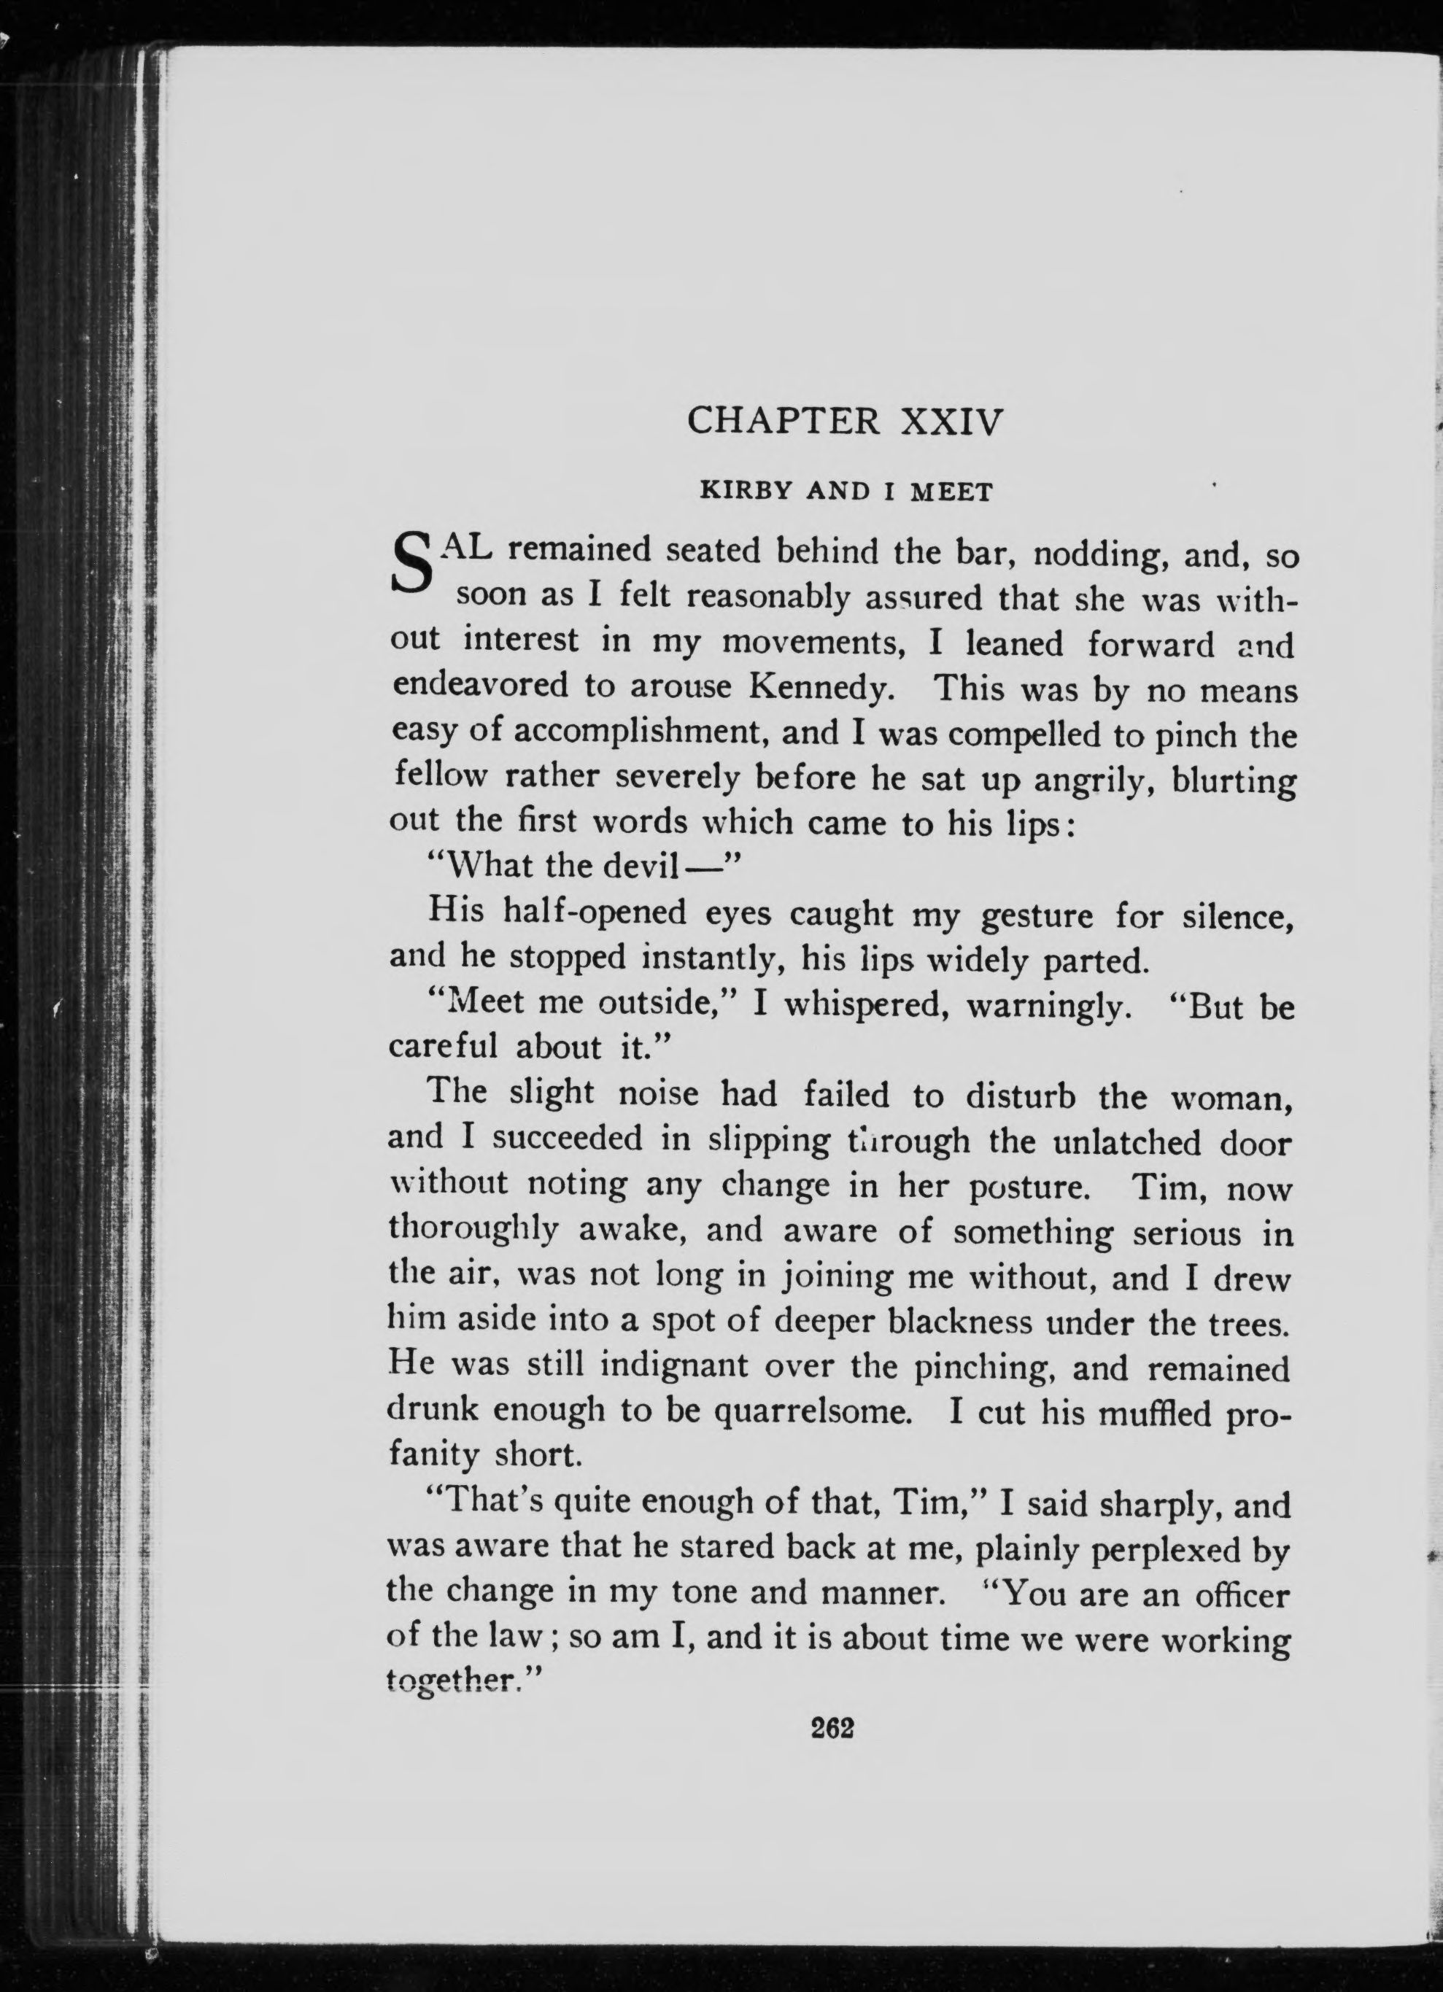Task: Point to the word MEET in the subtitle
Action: point(951,493)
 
